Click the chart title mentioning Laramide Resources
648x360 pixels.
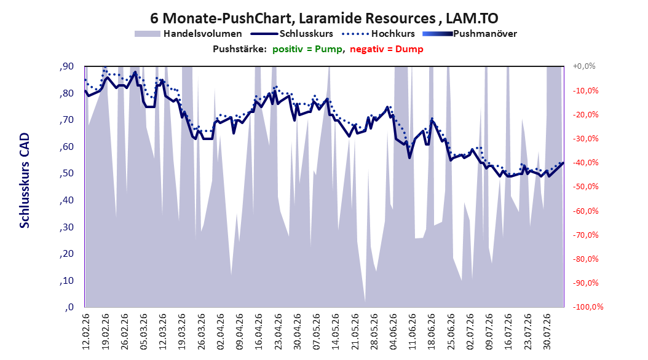pos(324,18)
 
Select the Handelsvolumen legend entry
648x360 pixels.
pos(189,34)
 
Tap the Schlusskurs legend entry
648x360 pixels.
pos(292,34)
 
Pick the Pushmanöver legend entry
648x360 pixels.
pos(470,34)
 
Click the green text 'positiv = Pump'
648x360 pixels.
pos(307,49)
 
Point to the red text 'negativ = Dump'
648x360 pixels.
pos(387,49)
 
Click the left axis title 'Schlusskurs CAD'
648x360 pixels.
pos(25,181)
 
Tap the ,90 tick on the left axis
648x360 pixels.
pos(66,66)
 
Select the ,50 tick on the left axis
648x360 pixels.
pos(66,173)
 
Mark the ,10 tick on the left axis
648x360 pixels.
pos(66,280)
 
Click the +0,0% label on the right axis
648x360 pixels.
pos(584,66)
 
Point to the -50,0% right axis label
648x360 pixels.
pos(585,187)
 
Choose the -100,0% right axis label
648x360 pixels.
pos(588,307)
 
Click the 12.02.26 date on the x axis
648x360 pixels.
pos(86,332)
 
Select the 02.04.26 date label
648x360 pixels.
pos(221,332)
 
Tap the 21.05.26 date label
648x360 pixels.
pos(355,332)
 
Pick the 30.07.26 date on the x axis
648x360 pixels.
pos(547,332)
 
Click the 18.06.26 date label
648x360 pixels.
pos(432,332)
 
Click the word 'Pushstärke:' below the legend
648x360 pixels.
pos(240,49)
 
